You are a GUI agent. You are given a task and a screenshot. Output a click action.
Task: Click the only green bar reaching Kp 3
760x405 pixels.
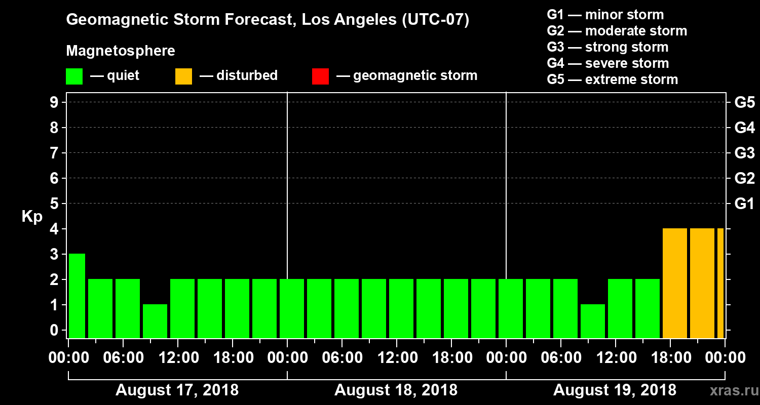pyautogui.click(x=77, y=296)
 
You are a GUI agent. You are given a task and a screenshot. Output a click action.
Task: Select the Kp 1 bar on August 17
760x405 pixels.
pyautogui.click(x=155, y=321)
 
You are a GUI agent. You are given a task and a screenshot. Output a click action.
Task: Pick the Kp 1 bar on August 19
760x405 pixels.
pyautogui.click(x=593, y=321)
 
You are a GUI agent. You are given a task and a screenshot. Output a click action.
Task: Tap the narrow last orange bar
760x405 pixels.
pyautogui.click(x=720, y=283)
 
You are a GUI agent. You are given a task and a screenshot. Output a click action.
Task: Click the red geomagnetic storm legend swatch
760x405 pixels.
pyautogui.click(x=320, y=76)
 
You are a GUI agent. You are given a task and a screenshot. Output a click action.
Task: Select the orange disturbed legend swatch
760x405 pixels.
pyautogui.click(x=183, y=76)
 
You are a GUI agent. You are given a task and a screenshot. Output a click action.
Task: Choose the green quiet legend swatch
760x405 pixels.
pyautogui.click(x=74, y=76)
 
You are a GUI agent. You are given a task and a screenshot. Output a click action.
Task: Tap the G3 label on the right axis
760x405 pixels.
pyautogui.click(x=744, y=153)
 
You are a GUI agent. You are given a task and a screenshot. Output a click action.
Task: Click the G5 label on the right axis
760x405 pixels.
pyautogui.click(x=744, y=102)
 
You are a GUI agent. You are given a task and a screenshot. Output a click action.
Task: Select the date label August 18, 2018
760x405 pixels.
pyautogui.click(x=396, y=390)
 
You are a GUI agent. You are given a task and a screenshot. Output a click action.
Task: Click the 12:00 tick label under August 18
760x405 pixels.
pyautogui.click(x=397, y=358)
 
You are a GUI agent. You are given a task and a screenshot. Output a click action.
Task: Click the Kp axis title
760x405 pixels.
pyautogui.click(x=32, y=216)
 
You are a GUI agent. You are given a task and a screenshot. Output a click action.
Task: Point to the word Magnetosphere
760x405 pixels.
pyautogui.click(x=121, y=51)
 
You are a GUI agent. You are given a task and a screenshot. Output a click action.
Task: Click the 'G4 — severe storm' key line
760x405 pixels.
pyautogui.click(x=607, y=63)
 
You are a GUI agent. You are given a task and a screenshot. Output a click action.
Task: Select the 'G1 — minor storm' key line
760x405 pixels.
pyautogui.click(x=605, y=15)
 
